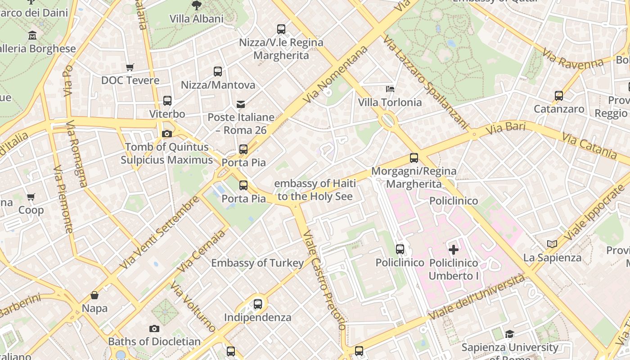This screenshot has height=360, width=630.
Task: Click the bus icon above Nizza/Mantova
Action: tap(218, 71)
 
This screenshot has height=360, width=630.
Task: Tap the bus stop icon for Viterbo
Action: tap(167, 100)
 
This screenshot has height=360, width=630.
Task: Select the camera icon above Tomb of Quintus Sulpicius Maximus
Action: tap(167, 134)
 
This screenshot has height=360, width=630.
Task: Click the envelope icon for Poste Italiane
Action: tap(241, 104)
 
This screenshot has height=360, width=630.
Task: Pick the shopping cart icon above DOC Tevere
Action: tap(130, 67)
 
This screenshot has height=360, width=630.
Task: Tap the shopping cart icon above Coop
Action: tap(31, 197)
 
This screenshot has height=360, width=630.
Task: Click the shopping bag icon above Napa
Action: tap(94, 295)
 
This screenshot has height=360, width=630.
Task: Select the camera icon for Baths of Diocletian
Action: tap(154, 328)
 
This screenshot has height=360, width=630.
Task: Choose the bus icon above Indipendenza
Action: tap(258, 304)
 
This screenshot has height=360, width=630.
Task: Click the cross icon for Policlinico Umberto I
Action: tap(454, 249)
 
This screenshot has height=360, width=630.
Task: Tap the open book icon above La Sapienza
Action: tap(552, 244)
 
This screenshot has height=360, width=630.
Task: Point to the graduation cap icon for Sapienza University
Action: tap(509, 334)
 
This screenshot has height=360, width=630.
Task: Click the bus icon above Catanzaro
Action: tap(559, 95)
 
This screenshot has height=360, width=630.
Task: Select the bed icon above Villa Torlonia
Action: tap(390, 89)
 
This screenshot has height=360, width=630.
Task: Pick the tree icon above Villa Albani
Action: tap(196, 5)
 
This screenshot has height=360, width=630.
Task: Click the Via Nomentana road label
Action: tap(335, 74)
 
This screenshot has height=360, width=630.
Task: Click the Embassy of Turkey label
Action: tap(257, 263)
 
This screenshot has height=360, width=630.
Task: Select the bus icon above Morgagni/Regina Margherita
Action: tap(414, 158)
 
